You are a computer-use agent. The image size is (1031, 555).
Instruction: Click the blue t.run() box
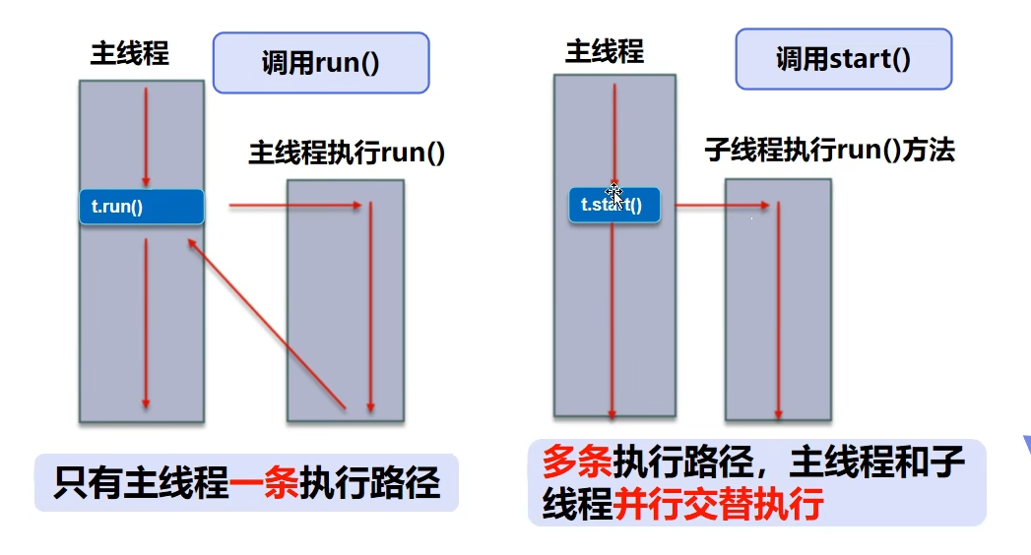point(141,207)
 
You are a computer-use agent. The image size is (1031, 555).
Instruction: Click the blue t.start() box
point(613,205)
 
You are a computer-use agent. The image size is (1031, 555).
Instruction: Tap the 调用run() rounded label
point(321,63)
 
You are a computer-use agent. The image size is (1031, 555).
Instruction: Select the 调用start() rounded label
point(843,59)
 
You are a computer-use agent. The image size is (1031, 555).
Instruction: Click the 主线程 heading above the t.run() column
point(130,53)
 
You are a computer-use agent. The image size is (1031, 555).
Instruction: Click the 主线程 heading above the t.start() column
point(605,52)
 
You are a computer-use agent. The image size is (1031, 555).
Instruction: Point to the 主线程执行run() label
point(347,154)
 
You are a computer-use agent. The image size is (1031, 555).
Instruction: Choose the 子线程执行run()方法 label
point(829,150)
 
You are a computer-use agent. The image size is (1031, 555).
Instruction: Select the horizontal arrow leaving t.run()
point(295,206)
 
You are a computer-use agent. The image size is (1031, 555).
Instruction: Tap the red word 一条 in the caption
point(264,483)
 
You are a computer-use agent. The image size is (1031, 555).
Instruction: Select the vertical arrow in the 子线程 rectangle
point(778,309)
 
